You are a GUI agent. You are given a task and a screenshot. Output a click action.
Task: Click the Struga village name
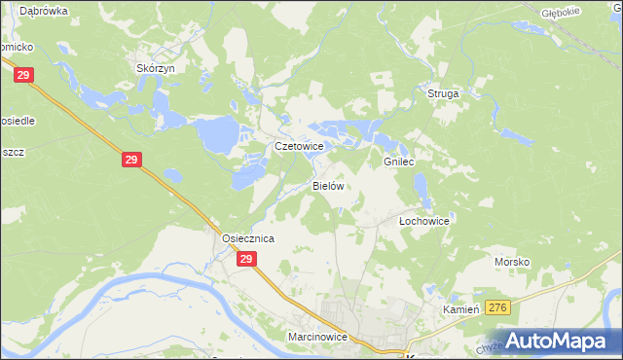[443, 93]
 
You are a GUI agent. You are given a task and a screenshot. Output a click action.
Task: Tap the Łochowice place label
[424, 221]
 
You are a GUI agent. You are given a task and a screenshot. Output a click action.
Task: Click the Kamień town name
[461, 308]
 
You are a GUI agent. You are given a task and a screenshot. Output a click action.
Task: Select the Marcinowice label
[317, 337]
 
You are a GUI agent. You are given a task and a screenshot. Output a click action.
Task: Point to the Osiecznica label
[247, 238]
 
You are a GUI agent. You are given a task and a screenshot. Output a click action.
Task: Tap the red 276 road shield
[498, 307]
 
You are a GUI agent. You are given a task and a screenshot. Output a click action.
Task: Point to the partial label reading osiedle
[18, 107]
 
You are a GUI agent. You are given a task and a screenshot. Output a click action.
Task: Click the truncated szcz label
[12, 152]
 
